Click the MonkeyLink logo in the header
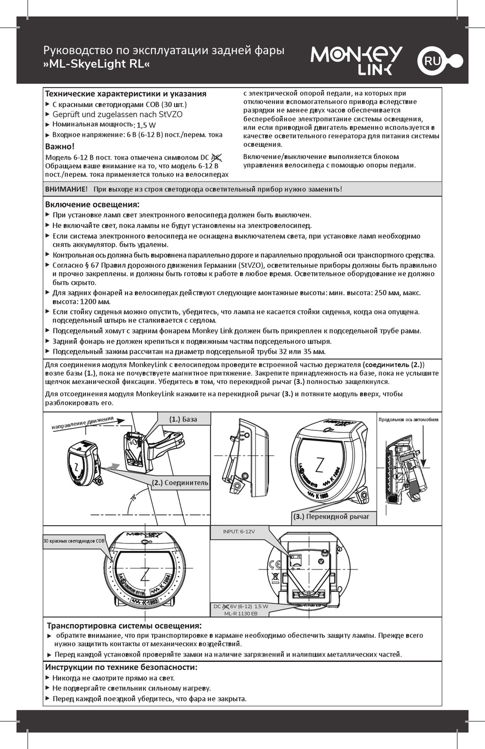(x=356, y=60)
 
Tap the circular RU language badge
(x=432, y=61)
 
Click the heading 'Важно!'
(x=60, y=146)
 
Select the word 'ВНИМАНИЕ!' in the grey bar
(x=66, y=189)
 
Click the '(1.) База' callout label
(x=183, y=419)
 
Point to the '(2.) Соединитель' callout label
(x=180, y=483)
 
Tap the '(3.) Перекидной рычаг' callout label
(x=331, y=516)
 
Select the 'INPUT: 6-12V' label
(x=239, y=531)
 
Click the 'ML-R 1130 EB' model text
(x=241, y=613)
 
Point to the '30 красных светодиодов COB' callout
(x=74, y=541)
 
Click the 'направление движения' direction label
(x=82, y=423)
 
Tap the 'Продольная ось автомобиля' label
(x=408, y=420)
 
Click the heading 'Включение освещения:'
(x=92, y=204)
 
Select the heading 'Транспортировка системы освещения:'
(x=124, y=626)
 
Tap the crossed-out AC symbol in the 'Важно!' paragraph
(x=216, y=157)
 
